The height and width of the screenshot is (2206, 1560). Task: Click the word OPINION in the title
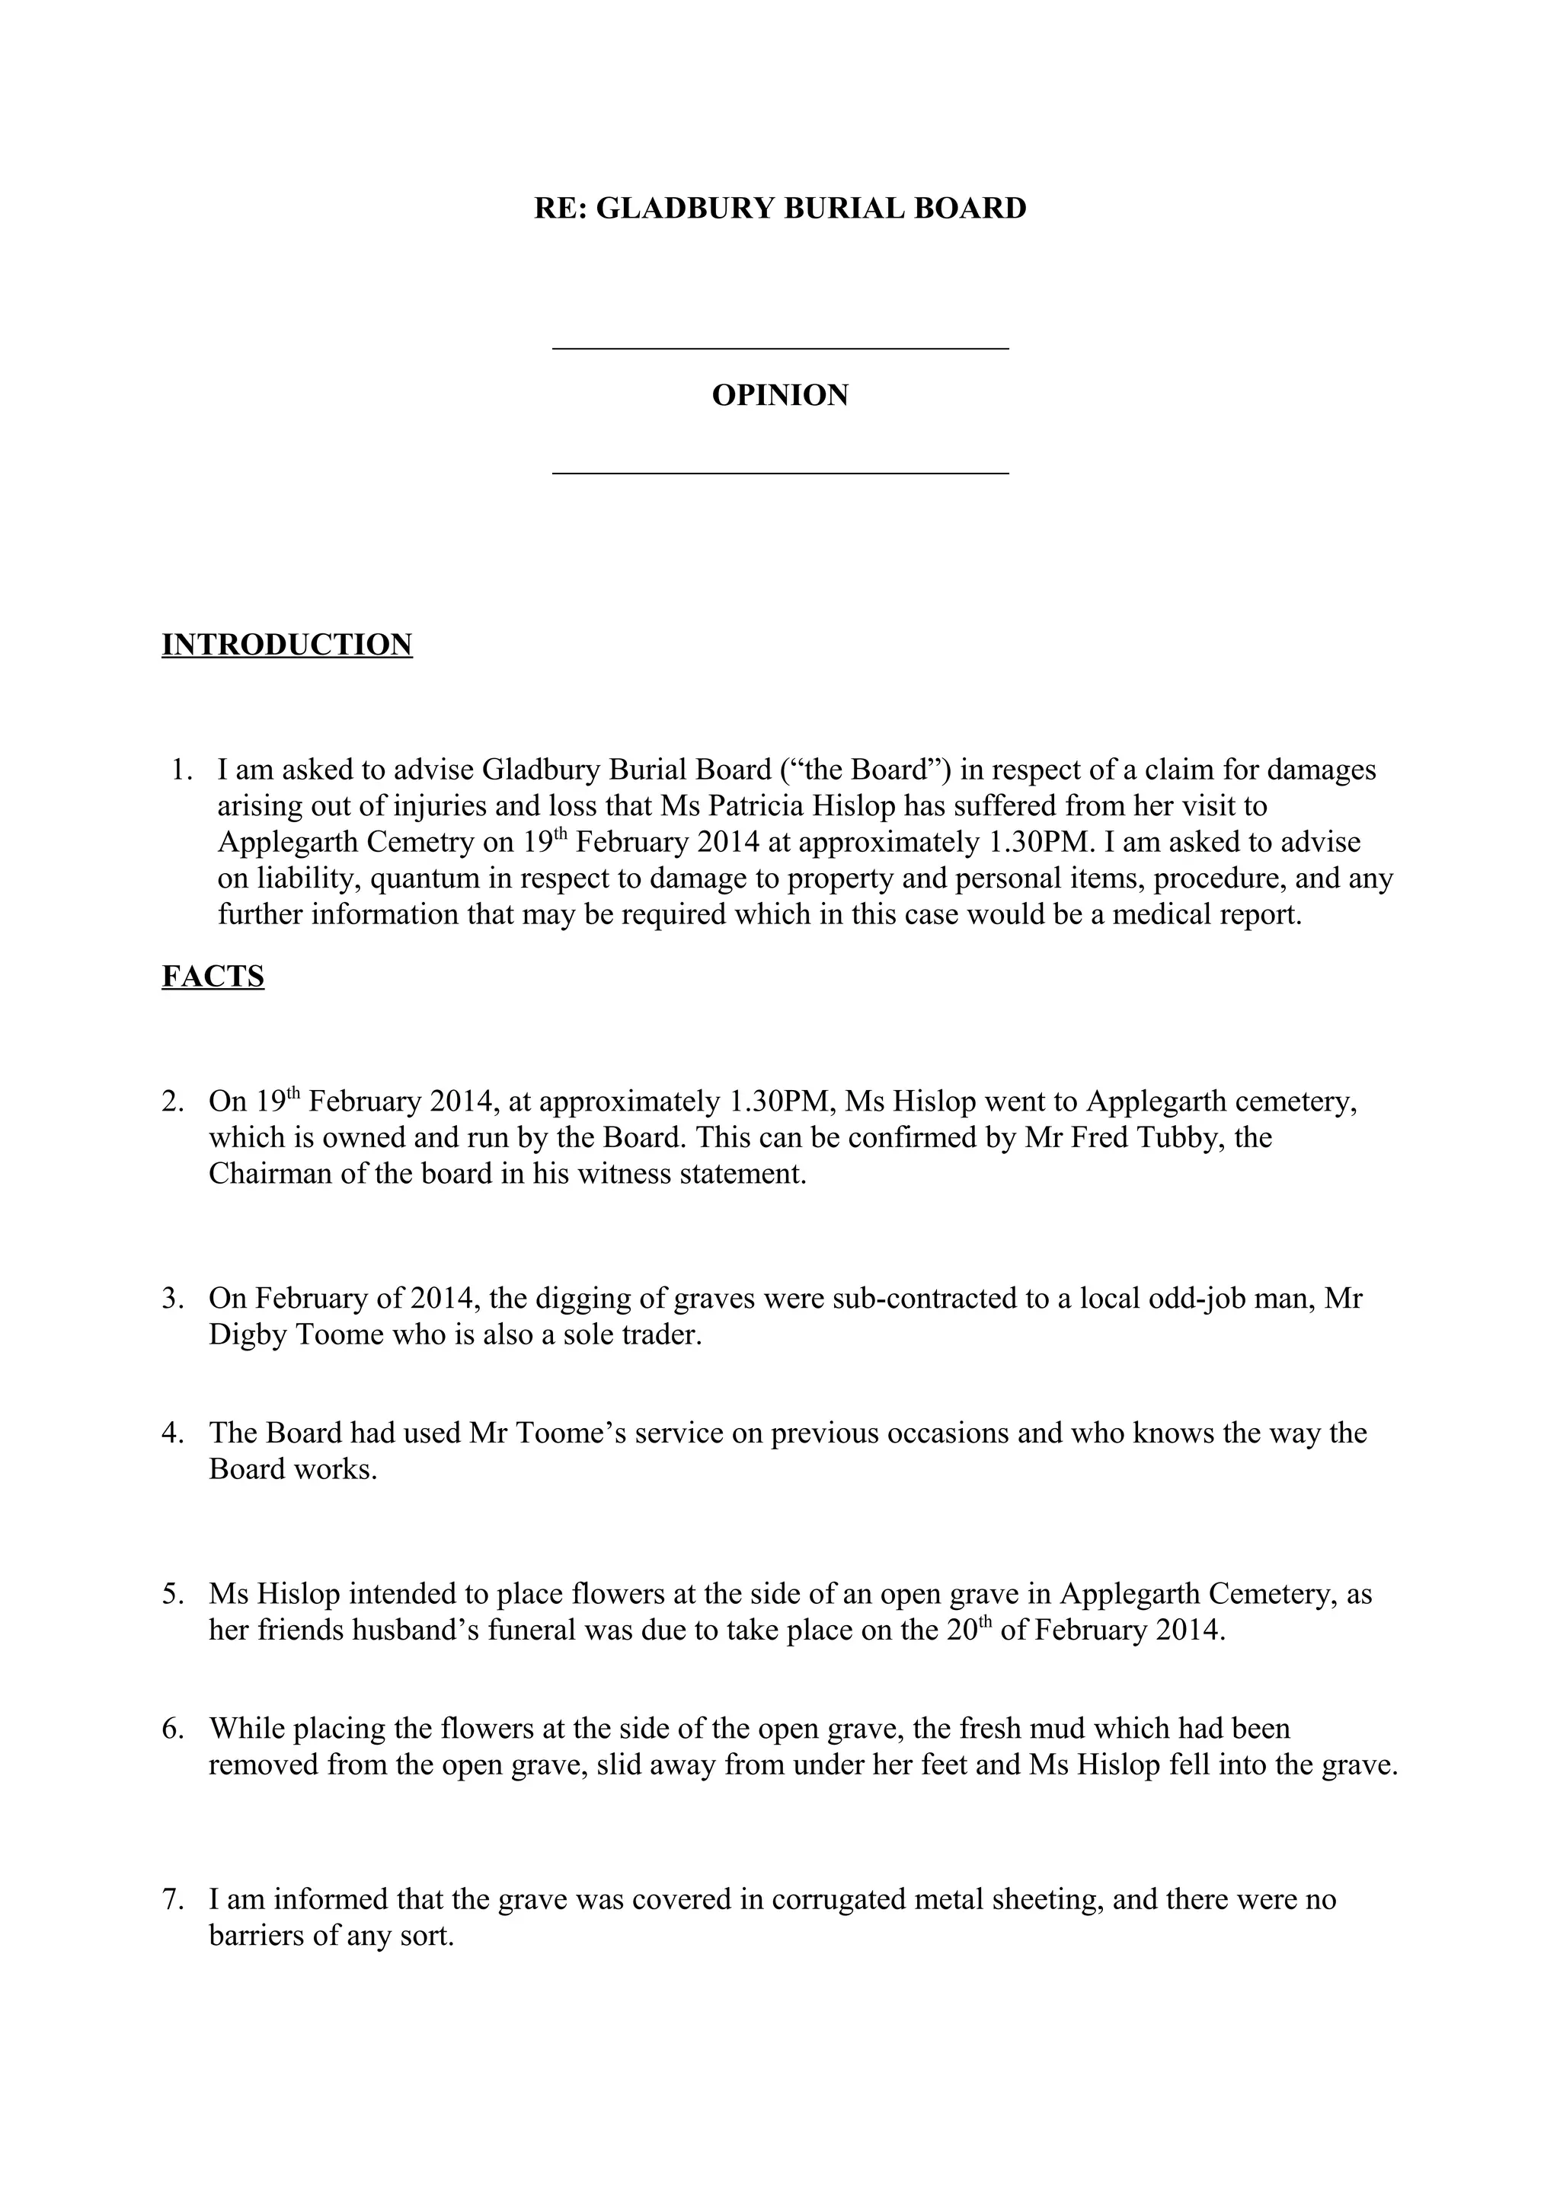coord(779,396)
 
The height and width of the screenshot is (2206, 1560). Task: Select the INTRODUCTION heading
coord(286,645)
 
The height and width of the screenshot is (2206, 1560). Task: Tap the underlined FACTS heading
coord(213,976)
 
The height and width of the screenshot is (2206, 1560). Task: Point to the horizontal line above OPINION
coord(779,349)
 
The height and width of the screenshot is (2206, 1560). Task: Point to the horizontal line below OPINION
coord(779,473)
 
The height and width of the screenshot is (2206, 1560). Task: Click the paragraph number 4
coord(172,1433)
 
